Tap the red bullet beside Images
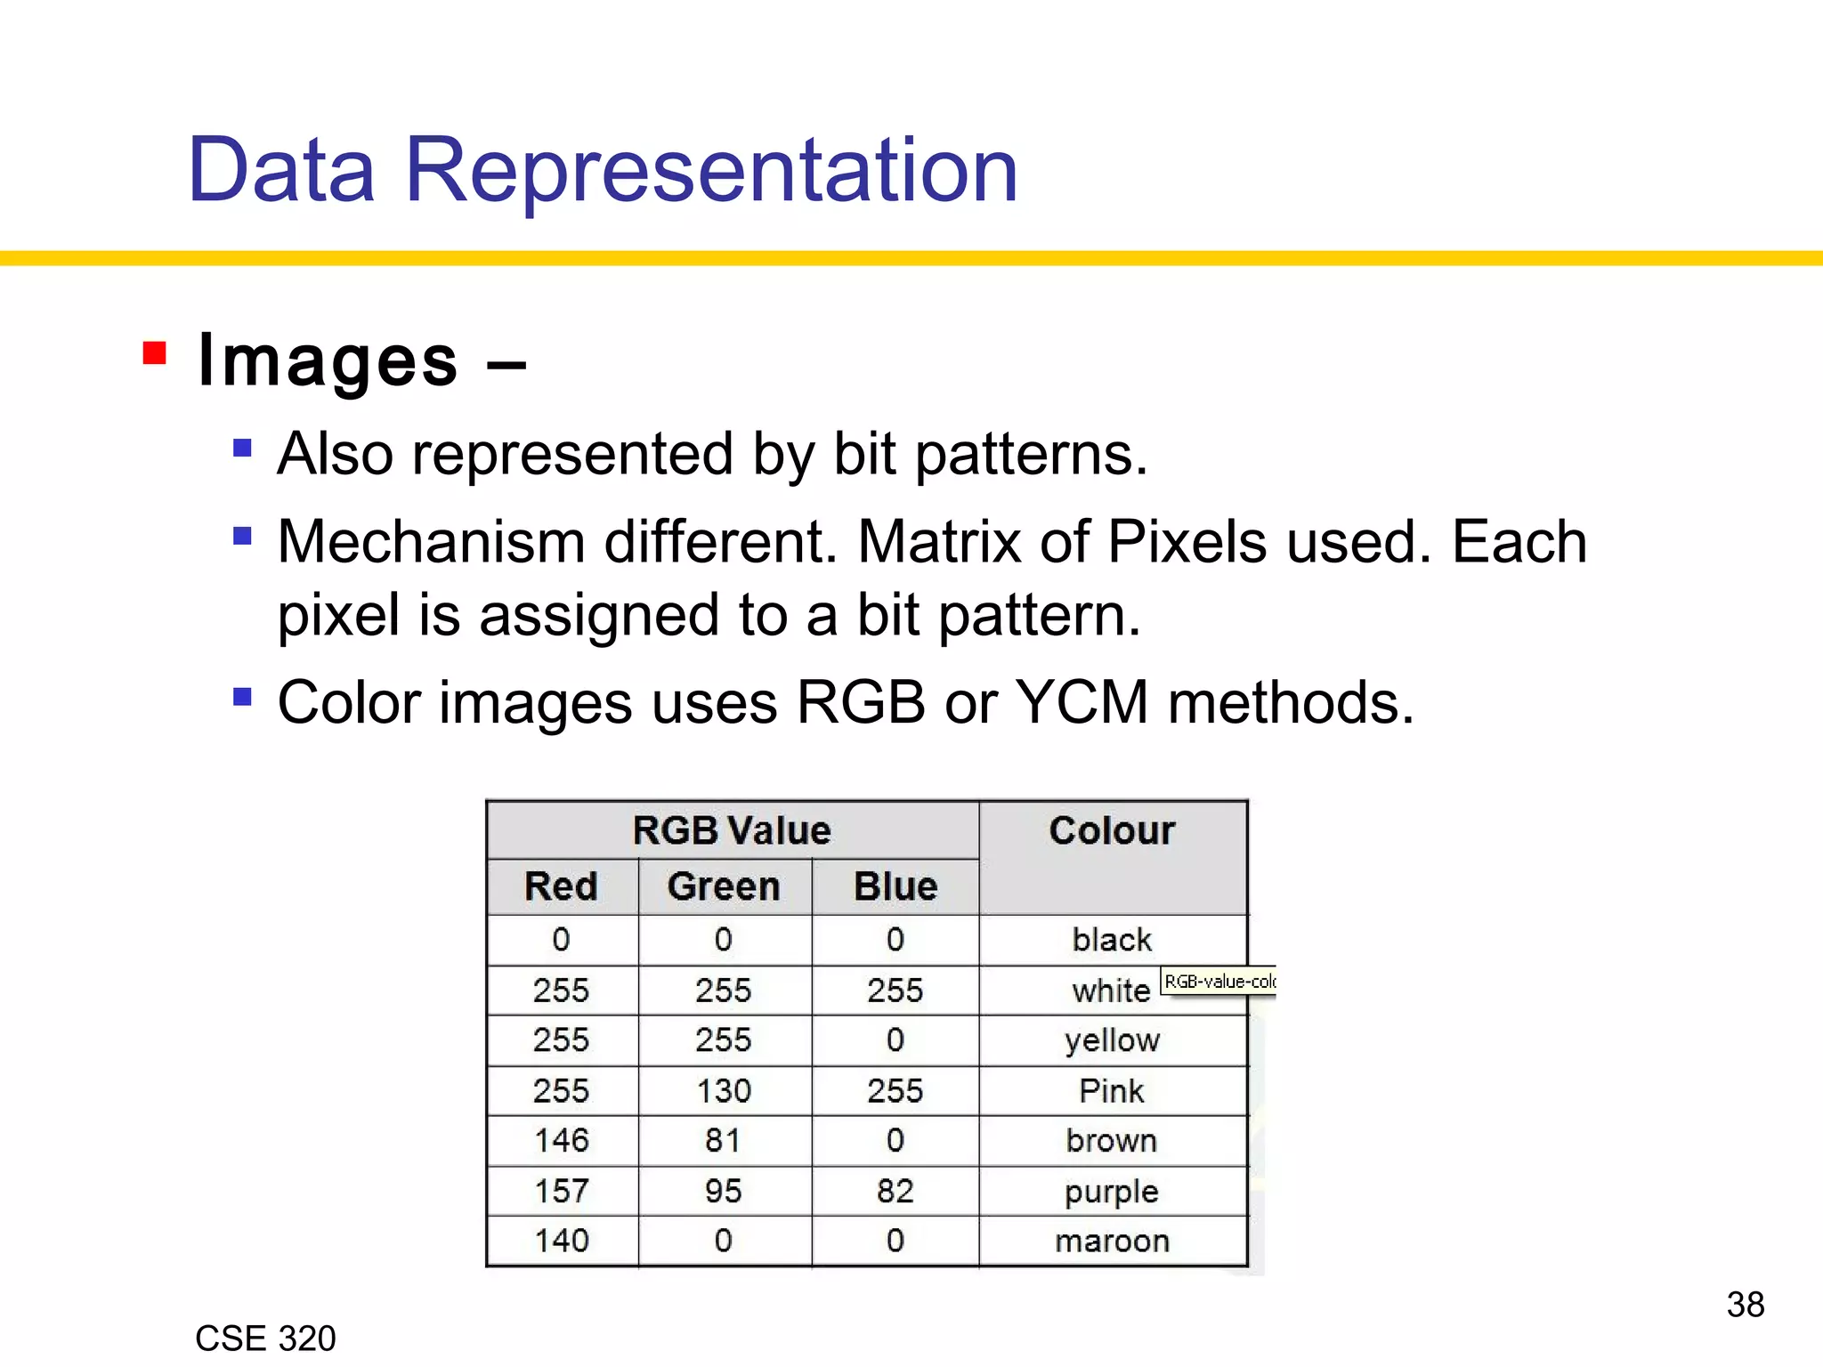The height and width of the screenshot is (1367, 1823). tap(155, 354)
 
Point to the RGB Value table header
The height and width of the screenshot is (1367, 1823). tap(732, 830)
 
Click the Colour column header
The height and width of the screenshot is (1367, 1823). tap(1112, 830)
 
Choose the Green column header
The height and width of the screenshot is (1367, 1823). tap(724, 886)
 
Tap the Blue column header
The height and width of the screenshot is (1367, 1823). tap(895, 886)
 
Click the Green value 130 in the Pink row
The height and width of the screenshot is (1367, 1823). tap(724, 1091)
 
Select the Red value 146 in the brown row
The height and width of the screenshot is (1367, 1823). tap(561, 1141)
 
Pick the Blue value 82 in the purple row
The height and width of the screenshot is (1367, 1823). tap(895, 1191)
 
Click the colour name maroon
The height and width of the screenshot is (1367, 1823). tap(1112, 1241)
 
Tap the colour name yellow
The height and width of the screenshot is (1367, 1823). tap(1112, 1040)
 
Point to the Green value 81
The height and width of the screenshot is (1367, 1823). tap(724, 1141)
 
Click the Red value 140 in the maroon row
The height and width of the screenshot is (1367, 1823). tap(561, 1241)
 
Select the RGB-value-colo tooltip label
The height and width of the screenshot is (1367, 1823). tap(1219, 982)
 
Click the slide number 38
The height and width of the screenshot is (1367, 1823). tap(1745, 1305)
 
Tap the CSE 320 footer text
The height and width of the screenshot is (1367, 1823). tap(265, 1339)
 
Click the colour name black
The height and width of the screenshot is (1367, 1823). tap(1112, 940)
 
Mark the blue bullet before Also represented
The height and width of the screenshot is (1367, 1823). tap(242, 447)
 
